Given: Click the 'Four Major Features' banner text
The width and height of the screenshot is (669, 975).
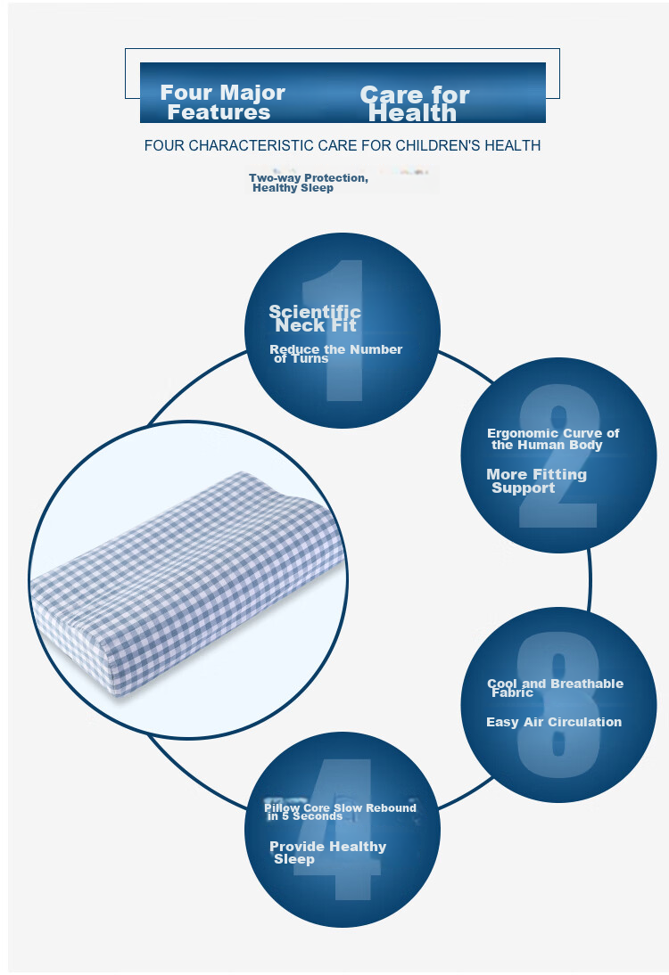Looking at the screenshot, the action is click(222, 102).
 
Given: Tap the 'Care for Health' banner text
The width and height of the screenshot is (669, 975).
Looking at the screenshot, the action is click(415, 104).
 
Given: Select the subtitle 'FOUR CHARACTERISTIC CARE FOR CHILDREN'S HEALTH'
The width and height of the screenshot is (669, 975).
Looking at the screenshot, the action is click(343, 145).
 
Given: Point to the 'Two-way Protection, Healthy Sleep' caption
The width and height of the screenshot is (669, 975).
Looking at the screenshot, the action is click(309, 183).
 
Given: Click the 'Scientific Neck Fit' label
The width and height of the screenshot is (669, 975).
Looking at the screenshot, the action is click(315, 318).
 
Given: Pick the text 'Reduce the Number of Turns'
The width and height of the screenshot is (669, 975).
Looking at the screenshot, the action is click(336, 354).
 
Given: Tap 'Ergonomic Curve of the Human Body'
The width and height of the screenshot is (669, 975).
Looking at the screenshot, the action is click(553, 439).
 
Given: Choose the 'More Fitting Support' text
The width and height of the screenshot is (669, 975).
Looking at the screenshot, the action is click(536, 481).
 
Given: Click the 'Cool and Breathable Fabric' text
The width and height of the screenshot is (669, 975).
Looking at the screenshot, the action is click(555, 688).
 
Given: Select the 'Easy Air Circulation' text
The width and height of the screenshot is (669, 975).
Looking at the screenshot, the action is click(554, 722).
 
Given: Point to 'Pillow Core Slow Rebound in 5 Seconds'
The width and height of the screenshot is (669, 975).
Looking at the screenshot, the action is click(340, 812).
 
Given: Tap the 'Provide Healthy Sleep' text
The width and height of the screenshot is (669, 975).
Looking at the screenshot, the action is click(328, 853).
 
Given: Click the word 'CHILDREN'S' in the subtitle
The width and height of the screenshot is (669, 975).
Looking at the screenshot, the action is click(439, 145).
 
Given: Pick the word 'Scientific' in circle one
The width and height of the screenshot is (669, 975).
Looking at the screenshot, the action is click(315, 312).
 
